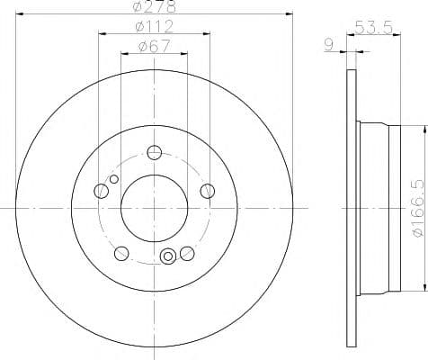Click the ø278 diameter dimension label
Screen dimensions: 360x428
[x=153, y=7]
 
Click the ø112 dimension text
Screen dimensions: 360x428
[x=154, y=26]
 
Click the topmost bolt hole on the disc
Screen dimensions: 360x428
[x=154, y=152]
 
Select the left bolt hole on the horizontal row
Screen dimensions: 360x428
[x=101, y=190]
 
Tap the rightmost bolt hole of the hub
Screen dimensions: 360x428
[x=208, y=190]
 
